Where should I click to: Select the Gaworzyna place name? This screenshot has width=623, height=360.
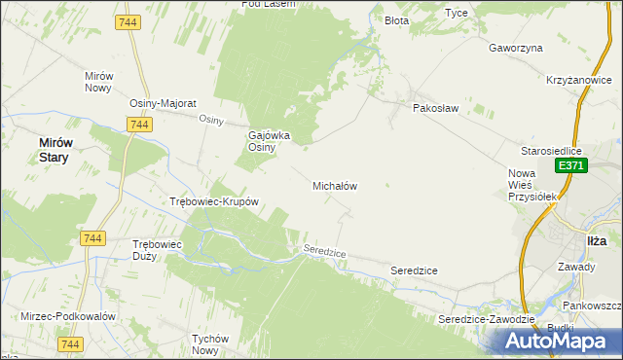click(x=516, y=48)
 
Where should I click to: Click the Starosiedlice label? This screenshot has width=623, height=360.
click(x=551, y=152)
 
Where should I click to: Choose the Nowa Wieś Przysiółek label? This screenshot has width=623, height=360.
click(x=531, y=185)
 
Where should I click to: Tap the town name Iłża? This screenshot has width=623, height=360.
click(x=597, y=240)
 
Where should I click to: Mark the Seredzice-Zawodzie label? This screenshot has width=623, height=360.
click(x=487, y=319)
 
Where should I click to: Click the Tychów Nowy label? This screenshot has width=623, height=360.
click(x=210, y=344)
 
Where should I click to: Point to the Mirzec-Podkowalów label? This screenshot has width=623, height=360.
click(x=68, y=317)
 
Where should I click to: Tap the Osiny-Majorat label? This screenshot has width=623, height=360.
click(x=164, y=103)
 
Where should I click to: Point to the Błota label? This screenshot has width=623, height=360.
click(x=396, y=20)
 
